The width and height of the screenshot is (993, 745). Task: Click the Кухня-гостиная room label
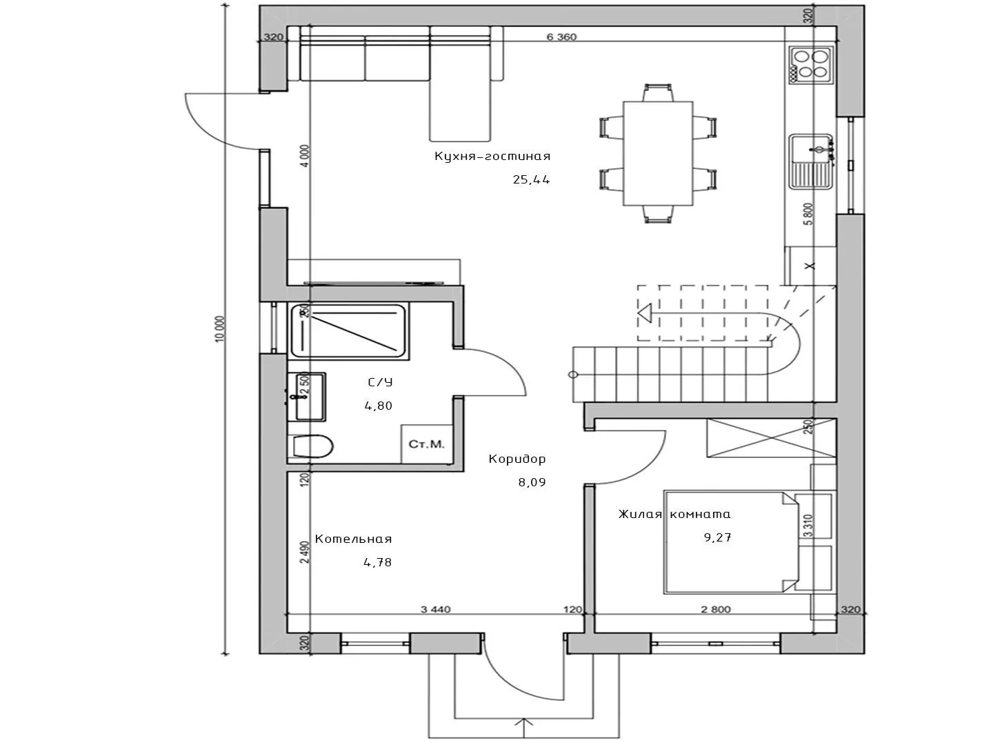pos(492,156)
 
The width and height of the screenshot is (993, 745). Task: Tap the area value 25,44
pos(531,179)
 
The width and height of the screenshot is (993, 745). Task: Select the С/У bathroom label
pos(380,382)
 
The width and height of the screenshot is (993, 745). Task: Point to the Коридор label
pos(517,459)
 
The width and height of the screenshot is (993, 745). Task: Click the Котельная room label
pos(353,539)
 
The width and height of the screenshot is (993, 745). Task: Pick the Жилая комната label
pos(674,515)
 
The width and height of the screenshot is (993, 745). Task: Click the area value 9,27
pos(717,537)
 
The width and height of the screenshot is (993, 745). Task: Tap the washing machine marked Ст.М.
pos(427,444)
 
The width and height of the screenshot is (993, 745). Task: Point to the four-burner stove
pos(811,65)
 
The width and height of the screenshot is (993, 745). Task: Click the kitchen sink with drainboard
pos(812,161)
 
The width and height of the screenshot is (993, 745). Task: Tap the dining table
pos(658,154)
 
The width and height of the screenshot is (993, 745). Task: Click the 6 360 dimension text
pos(561,37)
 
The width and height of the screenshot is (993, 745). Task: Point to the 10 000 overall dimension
pos(219,329)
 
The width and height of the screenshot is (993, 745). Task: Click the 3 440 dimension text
pos(435,609)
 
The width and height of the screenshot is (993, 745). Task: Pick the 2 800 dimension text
pos(716,609)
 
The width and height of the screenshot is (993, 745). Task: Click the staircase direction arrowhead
pos(644,312)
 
